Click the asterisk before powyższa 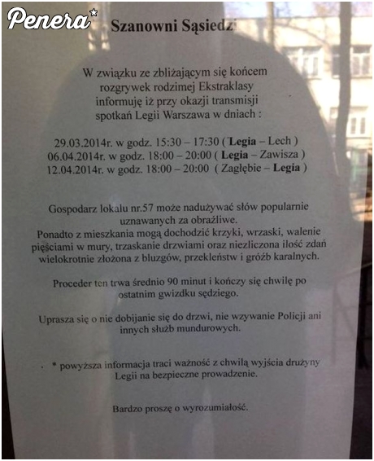[x=54, y=360]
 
